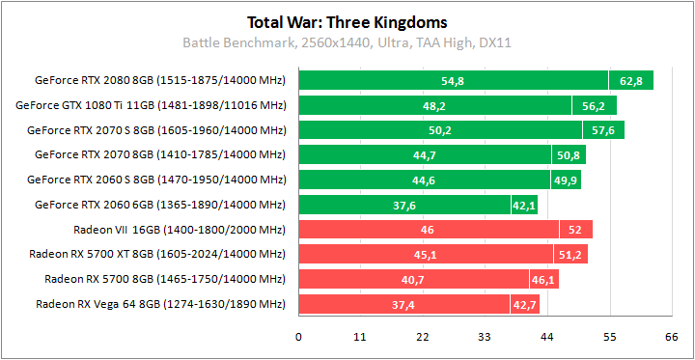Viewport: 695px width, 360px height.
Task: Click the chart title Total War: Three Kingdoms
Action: (347, 21)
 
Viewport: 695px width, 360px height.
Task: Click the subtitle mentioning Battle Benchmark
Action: (347, 42)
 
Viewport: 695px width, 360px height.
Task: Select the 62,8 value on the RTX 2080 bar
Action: (630, 81)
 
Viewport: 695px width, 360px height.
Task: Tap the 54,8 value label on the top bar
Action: (453, 81)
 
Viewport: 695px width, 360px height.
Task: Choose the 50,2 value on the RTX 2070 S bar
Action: (440, 130)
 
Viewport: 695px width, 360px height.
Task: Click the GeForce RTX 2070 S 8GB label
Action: (156, 129)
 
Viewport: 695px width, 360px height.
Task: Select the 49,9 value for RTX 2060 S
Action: (565, 180)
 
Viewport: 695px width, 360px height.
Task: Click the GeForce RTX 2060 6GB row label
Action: (160, 205)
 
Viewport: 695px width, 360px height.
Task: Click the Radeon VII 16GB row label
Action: (180, 230)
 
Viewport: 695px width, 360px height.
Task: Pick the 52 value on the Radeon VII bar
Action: (574, 230)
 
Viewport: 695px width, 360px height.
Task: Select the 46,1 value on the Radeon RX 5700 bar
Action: (542, 280)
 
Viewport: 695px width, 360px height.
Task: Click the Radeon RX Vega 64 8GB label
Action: (161, 305)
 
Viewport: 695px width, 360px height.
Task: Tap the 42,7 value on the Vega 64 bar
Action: (523, 305)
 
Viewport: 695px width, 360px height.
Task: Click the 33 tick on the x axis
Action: (485, 337)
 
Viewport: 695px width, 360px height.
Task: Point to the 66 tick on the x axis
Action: (671, 337)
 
